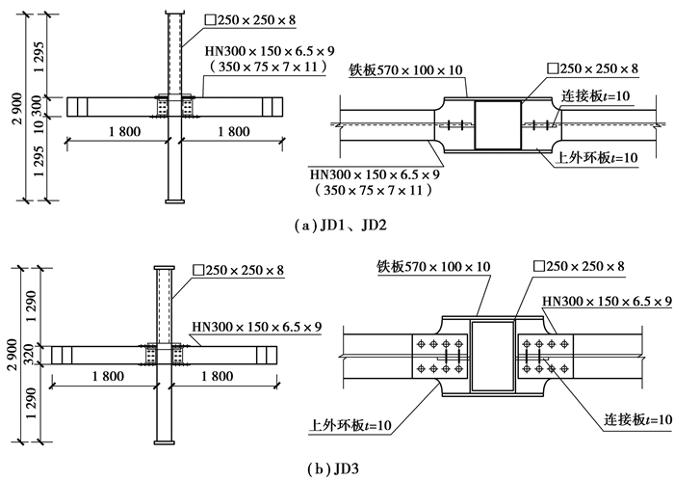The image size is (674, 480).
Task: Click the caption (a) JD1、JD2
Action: [x=336, y=227]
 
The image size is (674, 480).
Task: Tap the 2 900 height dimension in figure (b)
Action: [x=12, y=351]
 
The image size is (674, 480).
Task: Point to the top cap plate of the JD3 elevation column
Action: [x=163, y=265]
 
